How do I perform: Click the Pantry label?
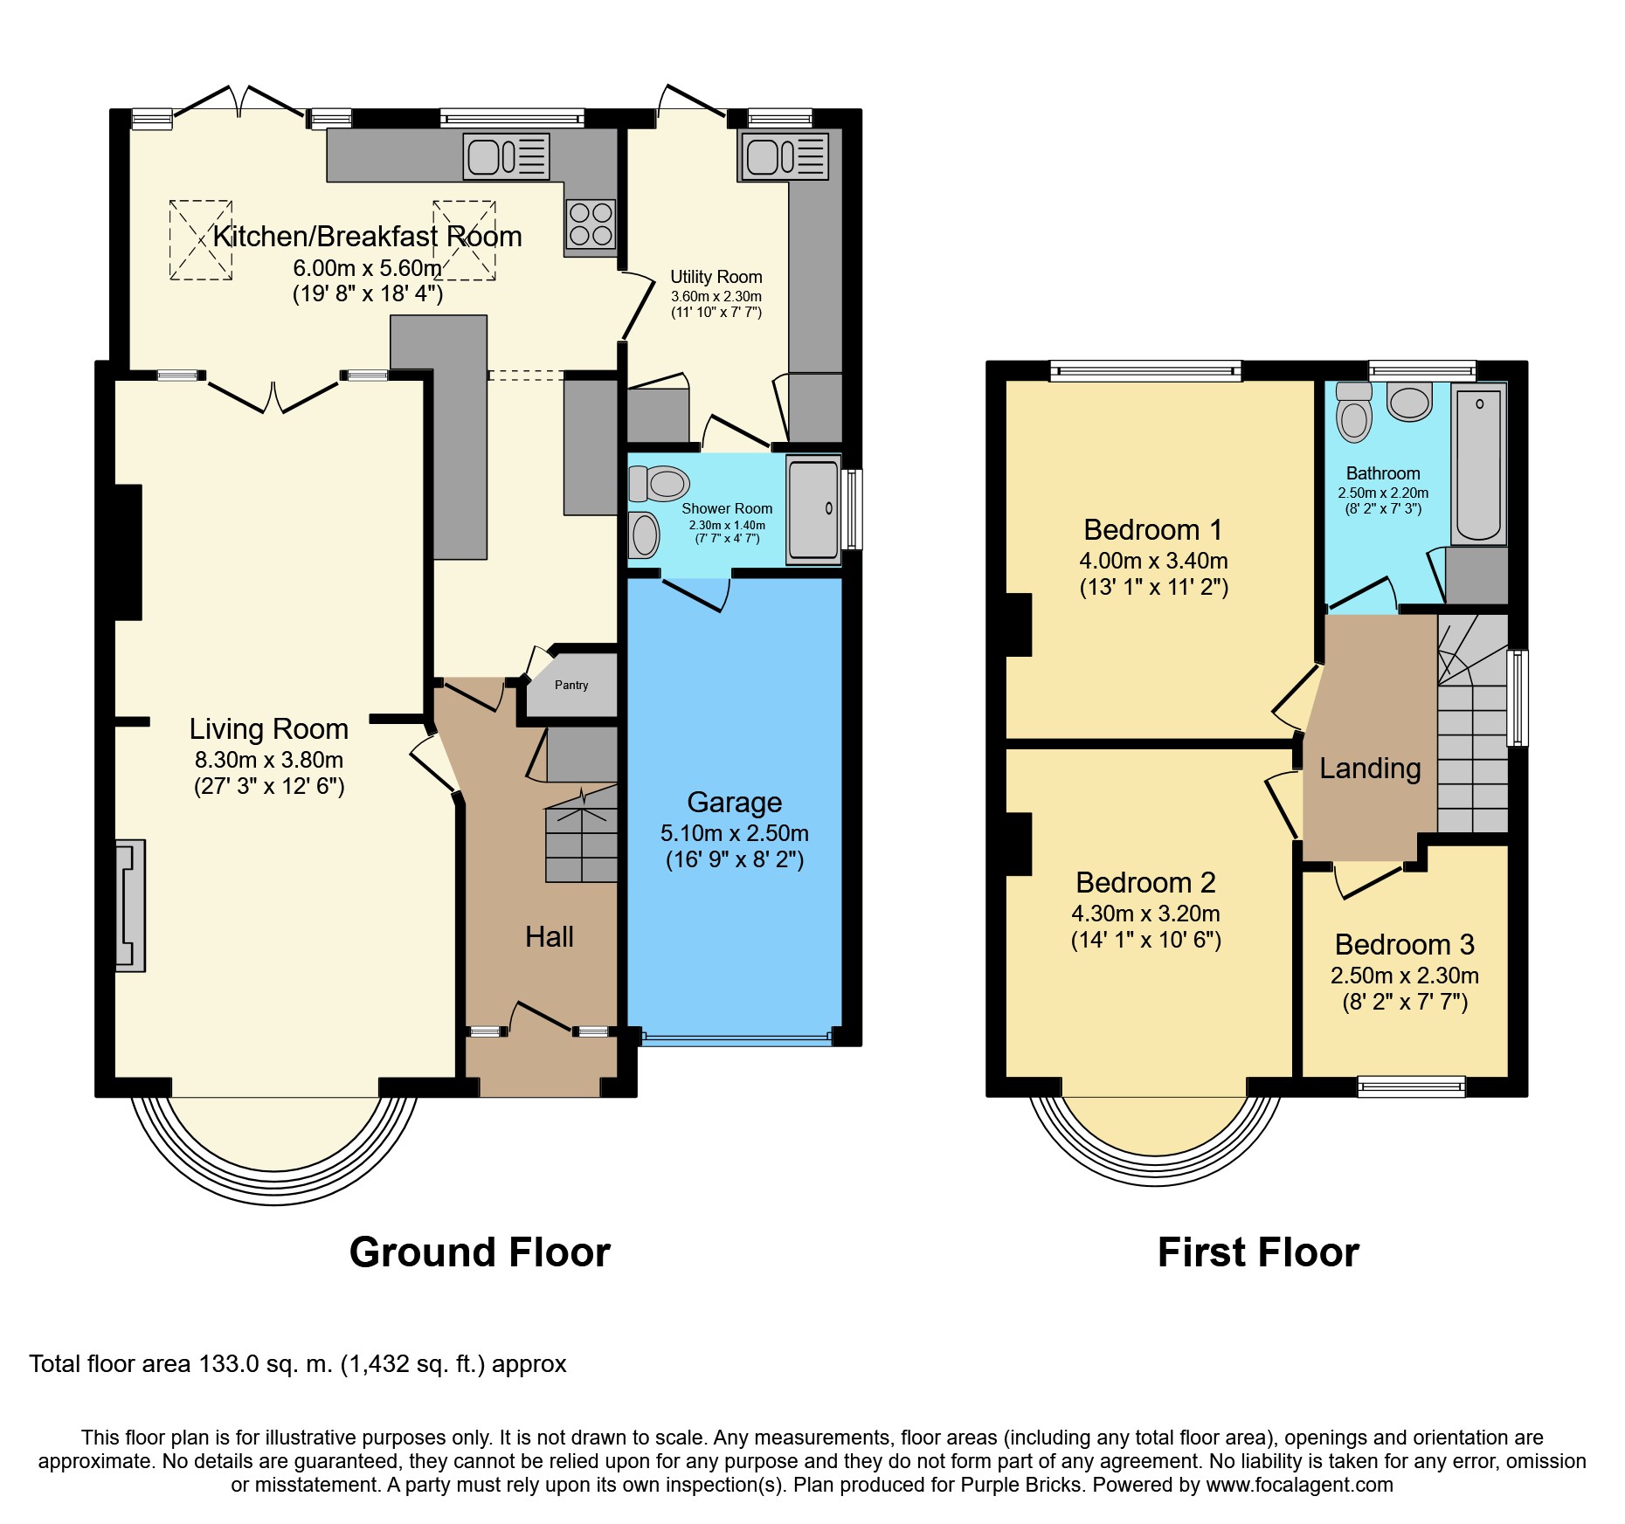(571, 686)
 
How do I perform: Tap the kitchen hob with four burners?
(591, 224)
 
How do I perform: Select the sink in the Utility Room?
(785, 157)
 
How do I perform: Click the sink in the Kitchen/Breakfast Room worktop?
(507, 157)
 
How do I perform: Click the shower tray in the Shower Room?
(813, 510)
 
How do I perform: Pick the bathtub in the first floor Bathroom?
(1479, 465)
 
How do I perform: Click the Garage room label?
(735, 802)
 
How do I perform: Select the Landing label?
(1370, 769)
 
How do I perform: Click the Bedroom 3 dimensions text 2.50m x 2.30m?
(1405, 976)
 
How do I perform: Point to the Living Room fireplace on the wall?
(131, 906)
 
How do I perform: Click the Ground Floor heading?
(480, 1252)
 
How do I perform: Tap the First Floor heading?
(1258, 1252)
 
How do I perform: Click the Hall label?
(550, 937)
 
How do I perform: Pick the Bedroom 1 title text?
(1153, 530)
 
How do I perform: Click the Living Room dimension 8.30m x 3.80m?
(269, 760)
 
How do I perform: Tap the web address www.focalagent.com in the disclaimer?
(1300, 1485)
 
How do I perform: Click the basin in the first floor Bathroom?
(1409, 403)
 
